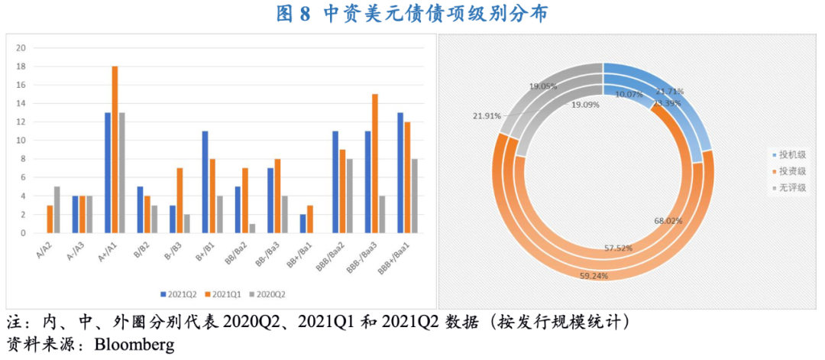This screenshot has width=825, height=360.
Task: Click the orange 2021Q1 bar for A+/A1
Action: (115, 149)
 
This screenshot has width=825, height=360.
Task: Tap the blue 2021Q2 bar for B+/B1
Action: (205, 182)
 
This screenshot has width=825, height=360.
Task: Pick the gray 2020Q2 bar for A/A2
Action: (57, 209)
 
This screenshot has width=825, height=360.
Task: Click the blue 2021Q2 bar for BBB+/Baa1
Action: (400, 173)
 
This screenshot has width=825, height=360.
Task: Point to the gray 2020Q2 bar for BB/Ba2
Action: (251, 228)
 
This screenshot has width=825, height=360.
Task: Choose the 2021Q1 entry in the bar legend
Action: (227, 294)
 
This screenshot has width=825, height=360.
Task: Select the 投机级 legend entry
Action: (791, 154)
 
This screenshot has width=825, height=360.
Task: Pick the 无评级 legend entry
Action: (791, 186)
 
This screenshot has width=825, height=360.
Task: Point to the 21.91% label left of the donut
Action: (487, 116)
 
